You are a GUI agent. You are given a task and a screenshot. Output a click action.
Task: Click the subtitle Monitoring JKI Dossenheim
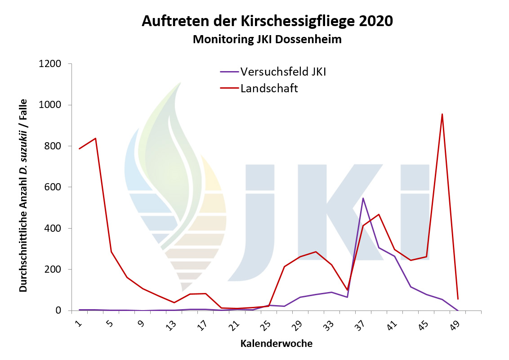[x=267, y=40]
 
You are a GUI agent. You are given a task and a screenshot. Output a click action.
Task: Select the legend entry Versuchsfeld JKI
[x=283, y=72]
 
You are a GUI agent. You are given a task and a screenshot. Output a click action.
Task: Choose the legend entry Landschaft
[x=269, y=88]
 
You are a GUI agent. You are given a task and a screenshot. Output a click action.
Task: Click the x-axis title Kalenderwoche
[x=276, y=344]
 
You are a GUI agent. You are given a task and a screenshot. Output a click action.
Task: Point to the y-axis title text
[x=23, y=195]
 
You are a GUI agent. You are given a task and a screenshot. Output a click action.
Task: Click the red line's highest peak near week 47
[x=442, y=114]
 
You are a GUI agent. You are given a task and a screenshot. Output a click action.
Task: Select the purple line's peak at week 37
[x=363, y=198]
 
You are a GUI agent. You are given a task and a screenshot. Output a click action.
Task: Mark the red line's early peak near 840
[x=95, y=138]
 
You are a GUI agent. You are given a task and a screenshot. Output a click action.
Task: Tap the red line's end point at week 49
[x=458, y=299]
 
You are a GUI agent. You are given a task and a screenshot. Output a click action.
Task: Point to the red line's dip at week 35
[x=347, y=290]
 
